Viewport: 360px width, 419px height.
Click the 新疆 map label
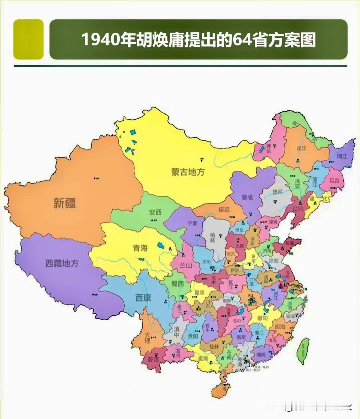[65, 203]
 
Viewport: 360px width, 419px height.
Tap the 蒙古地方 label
[188, 172]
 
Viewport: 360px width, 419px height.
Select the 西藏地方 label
[62, 263]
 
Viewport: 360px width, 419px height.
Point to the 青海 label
[140, 248]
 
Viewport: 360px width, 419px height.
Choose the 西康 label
[143, 298]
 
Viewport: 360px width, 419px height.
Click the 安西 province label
[155, 212]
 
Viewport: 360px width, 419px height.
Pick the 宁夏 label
[193, 223]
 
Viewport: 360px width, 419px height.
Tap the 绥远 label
[224, 210]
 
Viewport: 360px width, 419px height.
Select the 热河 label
[277, 192]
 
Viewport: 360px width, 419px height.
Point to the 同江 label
[342, 156]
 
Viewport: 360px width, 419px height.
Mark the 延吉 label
[334, 180]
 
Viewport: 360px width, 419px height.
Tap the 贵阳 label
[193, 336]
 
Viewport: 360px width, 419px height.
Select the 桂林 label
[214, 347]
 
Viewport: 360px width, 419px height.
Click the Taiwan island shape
[304, 351]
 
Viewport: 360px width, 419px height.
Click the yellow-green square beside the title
[28, 39]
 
